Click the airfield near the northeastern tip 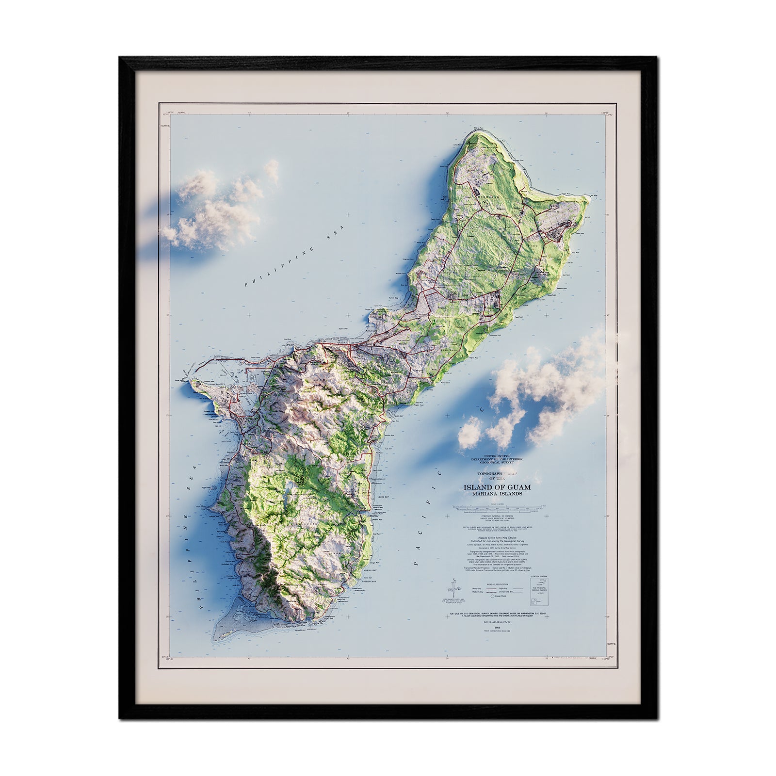coord(563,226)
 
